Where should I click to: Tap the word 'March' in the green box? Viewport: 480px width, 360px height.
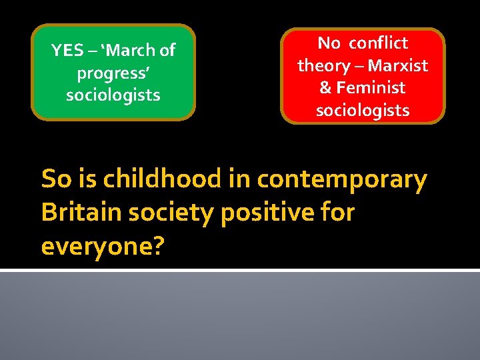[131, 51]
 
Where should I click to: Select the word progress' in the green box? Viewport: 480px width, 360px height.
[113, 73]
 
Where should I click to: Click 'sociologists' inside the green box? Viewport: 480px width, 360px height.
[113, 95]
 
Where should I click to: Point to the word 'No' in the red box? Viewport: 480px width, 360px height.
[329, 43]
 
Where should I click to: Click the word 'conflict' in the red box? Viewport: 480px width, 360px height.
[378, 43]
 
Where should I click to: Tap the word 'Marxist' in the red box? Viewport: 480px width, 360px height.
[398, 65]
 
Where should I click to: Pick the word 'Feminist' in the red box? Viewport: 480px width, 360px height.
[371, 87]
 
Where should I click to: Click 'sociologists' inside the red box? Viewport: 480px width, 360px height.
[363, 110]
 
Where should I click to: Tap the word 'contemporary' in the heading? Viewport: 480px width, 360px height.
[341, 179]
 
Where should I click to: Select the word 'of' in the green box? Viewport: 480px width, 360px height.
[167, 51]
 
